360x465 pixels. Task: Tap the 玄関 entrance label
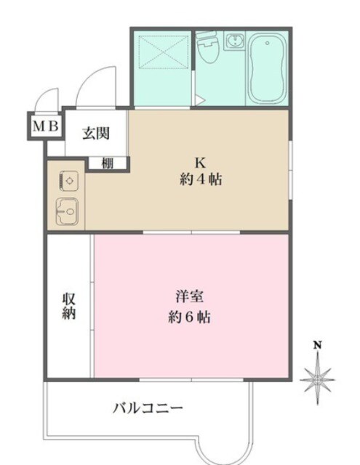[x=95, y=133]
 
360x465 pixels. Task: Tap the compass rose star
[x=318, y=379]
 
